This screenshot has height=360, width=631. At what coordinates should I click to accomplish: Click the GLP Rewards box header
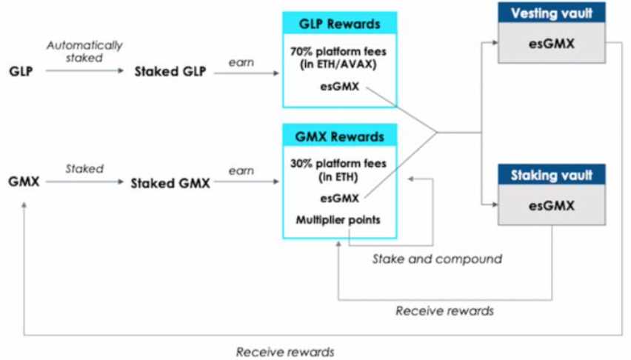click(x=339, y=23)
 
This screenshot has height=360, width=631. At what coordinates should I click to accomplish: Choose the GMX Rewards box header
click(x=339, y=136)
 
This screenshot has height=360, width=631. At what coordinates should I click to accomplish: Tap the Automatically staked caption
click(x=75, y=50)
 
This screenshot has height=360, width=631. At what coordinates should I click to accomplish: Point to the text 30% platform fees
click(x=339, y=164)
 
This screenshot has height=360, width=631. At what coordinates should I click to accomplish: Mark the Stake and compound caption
click(x=437, y=259)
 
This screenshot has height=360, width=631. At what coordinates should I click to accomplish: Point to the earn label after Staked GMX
click(x=241, y=171)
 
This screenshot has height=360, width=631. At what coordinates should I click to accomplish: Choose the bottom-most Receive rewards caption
click(x=285, y=352)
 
